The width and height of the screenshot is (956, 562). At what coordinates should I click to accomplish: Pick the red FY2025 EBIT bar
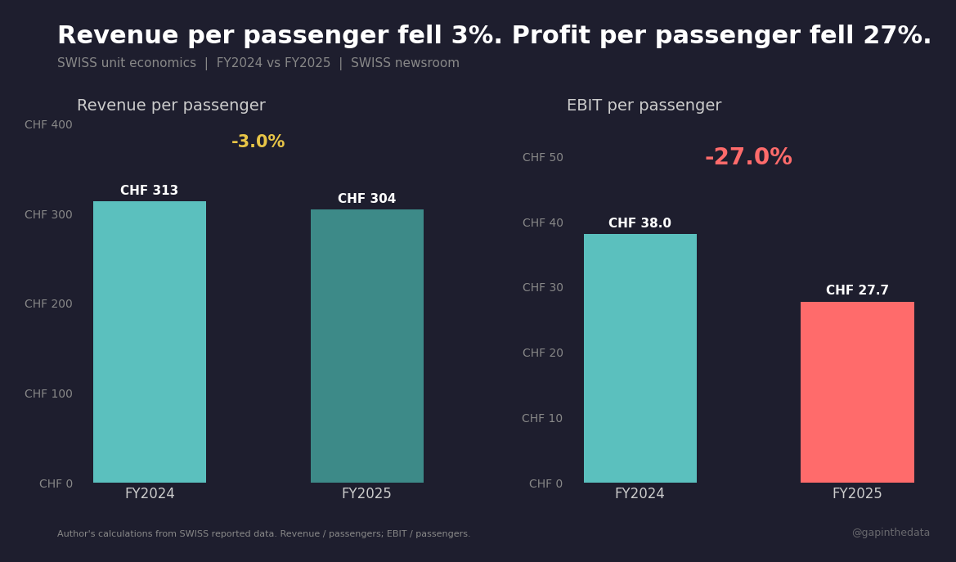[x=857, y=393]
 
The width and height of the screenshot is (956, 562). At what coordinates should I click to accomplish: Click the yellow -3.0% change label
[x=258, y=142]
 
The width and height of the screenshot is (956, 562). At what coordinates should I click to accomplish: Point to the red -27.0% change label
[x=748, y=158]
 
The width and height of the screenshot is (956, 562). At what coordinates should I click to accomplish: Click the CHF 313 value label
[x=150, y=191]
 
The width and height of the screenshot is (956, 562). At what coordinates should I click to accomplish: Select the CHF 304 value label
[x=367, y=199]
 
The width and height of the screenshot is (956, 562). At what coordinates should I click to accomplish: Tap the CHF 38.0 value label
[x=640, y=223]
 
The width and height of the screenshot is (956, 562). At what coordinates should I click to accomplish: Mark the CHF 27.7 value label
[x=857, y=290]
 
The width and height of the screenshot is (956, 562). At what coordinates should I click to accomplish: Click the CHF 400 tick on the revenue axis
[x=48, y=125]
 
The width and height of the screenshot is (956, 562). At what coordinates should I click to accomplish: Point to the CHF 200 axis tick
[x=48, y=304]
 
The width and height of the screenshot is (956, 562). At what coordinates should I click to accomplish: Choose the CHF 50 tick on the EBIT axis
[x=543, y=158]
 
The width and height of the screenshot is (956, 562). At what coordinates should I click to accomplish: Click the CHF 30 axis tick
[x=543, y=288]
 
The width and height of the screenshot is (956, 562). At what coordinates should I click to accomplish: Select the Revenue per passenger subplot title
[x=171, y=106]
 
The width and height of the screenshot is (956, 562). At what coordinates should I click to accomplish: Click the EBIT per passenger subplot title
[x=644, y=106]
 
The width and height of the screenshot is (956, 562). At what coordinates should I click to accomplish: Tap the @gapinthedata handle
[x=891, y=533]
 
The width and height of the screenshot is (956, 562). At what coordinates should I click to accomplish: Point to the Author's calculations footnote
[x=263, y=534]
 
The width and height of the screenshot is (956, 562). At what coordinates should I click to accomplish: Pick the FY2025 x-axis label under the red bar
[x=857, y=494]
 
